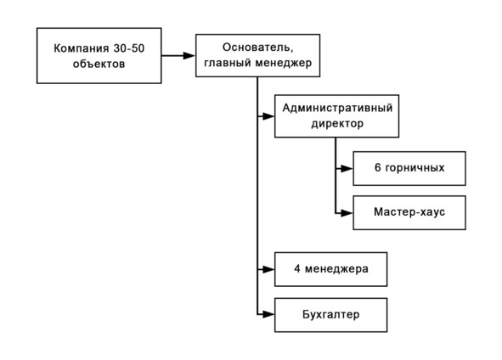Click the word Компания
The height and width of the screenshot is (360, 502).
tap(82, 48)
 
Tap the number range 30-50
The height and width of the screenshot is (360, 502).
tap(129, 48)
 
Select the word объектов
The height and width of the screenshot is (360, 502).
tap(99, 64)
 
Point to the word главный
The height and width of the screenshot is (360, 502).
tap(228, 63)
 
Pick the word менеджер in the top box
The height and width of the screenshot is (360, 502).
tap(283, 63)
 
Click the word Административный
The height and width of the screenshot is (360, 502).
tap(337, 108)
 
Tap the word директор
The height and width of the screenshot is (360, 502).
tap(337, 123)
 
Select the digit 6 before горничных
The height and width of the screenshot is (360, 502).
tap(378, 167)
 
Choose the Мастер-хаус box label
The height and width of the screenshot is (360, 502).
tap(409, 212)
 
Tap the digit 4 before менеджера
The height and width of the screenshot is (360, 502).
tap(297, 268)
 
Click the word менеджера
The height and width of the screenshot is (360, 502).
tap(336, 269)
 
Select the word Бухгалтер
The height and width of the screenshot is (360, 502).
tap(331, 314)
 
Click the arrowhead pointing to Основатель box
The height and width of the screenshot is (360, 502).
tap(189, 56)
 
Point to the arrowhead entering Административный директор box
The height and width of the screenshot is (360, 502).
tap(268, 116)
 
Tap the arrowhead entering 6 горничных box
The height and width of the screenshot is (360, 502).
tap(347, 168)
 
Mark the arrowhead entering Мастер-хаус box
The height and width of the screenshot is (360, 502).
tap(347, 213)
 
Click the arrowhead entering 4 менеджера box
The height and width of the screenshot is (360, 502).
tap(268, 269)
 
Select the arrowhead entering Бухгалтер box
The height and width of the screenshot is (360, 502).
tap(268, 314)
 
